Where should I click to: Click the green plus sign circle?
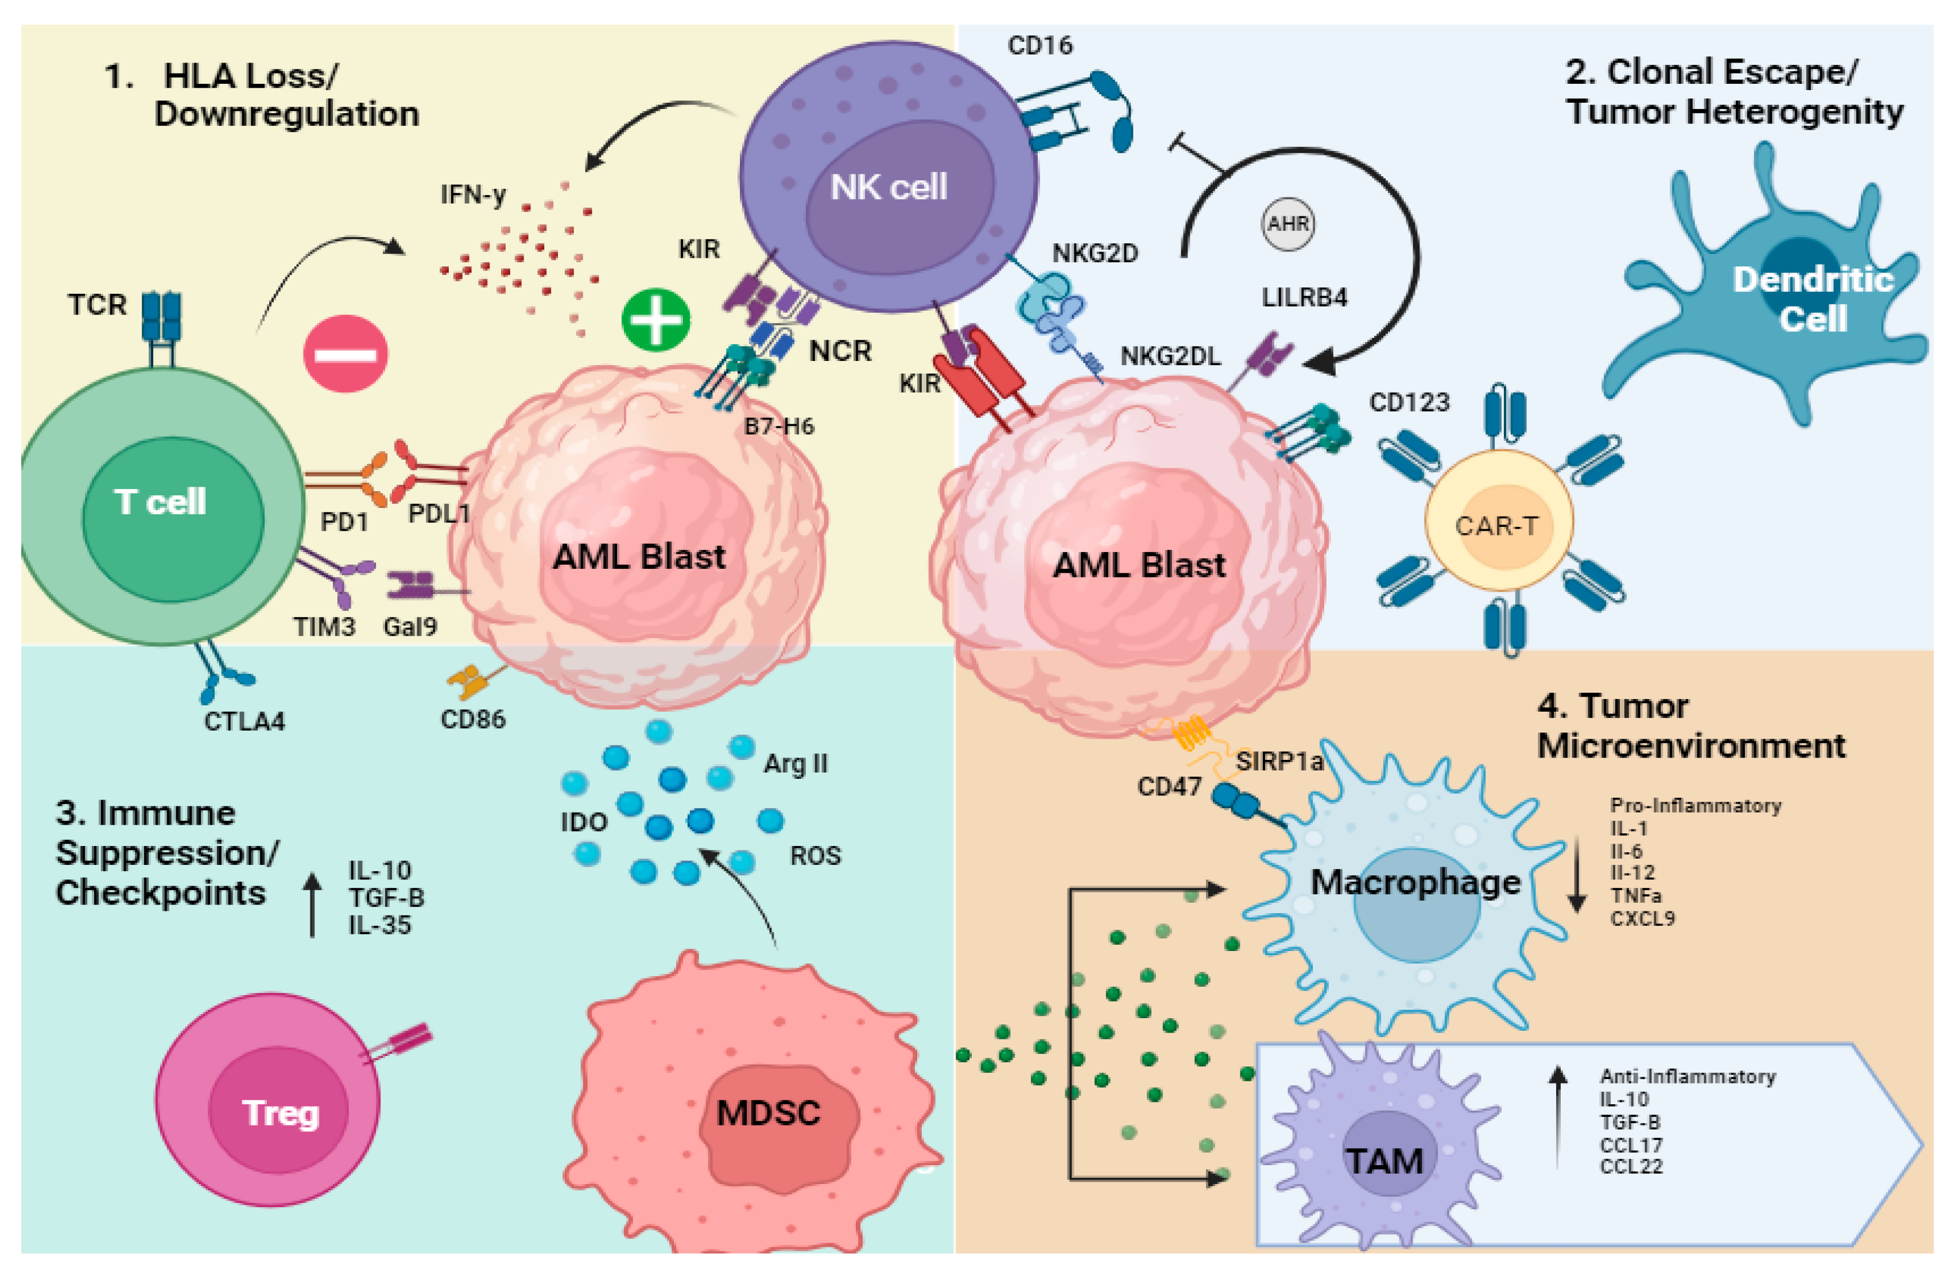point(656,319)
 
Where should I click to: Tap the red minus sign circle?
point(345,354)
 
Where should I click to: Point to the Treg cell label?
point(280,1113)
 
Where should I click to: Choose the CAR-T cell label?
point(1497,525)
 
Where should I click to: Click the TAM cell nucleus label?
point(1384,1161)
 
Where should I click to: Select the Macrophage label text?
point(1415,882)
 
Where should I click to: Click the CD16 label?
point(1040,45)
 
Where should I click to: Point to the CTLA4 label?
point(245,721)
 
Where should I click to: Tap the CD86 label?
point(473,719)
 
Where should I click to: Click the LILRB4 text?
point(1304,297)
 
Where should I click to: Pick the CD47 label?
point(1169,786)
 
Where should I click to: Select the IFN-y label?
point(473,194)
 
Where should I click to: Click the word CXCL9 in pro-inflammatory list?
point(1642,918)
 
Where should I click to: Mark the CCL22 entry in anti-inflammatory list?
point(1631,1166)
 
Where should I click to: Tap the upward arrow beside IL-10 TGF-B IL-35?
point(312,904)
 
